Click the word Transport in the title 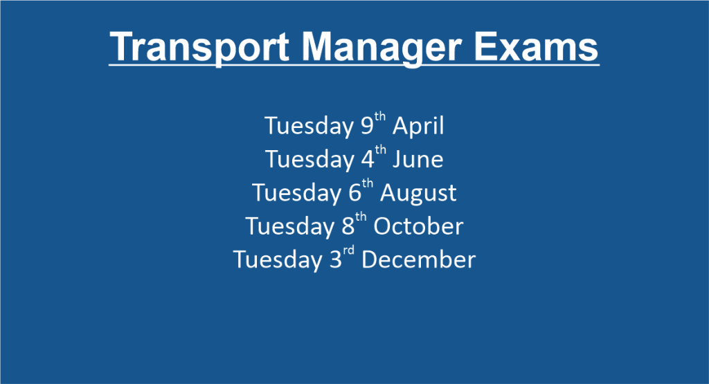point(199,47)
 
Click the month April point(418,126)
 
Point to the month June point(418,159)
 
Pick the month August point(418,193)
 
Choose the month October point(418,226)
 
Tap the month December point(418,259)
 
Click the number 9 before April point(367,126)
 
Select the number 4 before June point(368,159)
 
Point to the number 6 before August point(355,193)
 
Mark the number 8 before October point(348,226)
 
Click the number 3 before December point(336,259)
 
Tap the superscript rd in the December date point(349,250)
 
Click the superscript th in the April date point(380,117)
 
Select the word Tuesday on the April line point(309,126)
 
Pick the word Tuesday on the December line point(278,260)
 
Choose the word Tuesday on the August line point(296,193)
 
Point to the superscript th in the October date point(361,217)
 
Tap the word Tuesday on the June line point(309,160)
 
